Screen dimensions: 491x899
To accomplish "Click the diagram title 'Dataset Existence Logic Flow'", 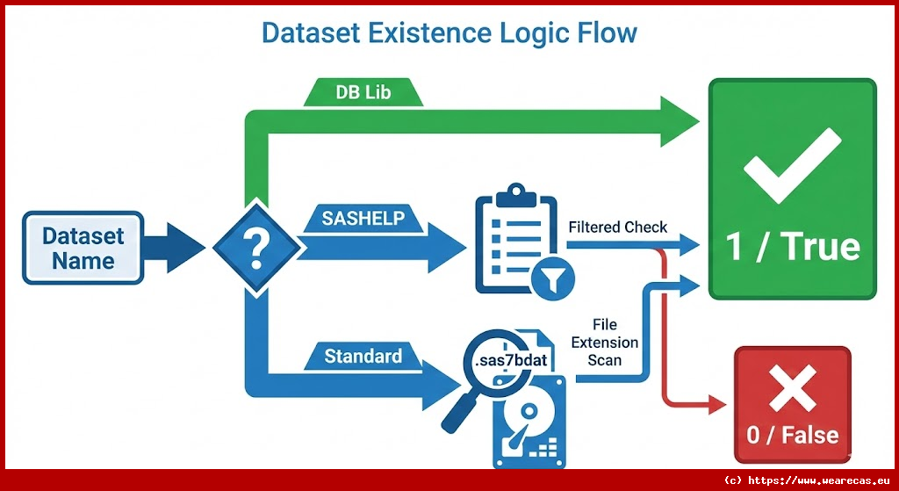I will tap(449, 34).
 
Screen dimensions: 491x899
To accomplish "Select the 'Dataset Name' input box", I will tap(83, 248).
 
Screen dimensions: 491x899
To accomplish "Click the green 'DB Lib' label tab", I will tap(363, 92).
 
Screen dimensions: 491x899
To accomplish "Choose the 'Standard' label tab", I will tap(363, 356).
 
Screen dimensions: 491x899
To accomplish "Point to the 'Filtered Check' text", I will tap(617, 227).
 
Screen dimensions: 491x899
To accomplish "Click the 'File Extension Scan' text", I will tap(604, 343).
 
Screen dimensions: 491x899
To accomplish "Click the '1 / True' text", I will tap(792, 247).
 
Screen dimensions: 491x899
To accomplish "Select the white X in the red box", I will tap(792, 390).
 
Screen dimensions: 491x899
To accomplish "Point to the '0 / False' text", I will tap(792, 434).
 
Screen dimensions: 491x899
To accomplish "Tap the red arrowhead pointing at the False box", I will tap(717, 405).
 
